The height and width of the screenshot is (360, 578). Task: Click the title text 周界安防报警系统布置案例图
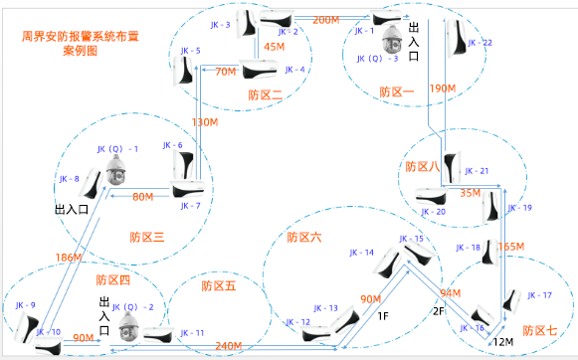click(69, 40)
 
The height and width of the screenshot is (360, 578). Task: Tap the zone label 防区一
click(396, 92)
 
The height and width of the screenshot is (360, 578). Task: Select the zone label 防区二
click(266, 94)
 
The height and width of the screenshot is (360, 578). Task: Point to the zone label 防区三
click(146, 237)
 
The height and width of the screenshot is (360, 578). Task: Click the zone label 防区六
click(303, 237)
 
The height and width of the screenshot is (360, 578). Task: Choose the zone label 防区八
click(423, 168)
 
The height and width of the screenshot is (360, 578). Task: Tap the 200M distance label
click(325, 20)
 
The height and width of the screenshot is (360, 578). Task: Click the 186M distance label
click(68, 258)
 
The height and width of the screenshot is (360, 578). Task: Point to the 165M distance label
click(510, 246)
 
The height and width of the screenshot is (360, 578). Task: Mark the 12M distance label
click(505, 342)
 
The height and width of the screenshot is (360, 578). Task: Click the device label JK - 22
click(479, 44)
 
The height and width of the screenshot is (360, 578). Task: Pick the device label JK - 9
click(25, 305)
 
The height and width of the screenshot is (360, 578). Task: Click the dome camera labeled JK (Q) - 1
click(115, 172)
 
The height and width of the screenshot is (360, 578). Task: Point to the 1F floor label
click(383, 316)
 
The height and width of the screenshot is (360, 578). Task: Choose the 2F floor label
click(437, 311)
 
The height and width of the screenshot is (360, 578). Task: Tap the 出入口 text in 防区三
click(72, 210)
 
